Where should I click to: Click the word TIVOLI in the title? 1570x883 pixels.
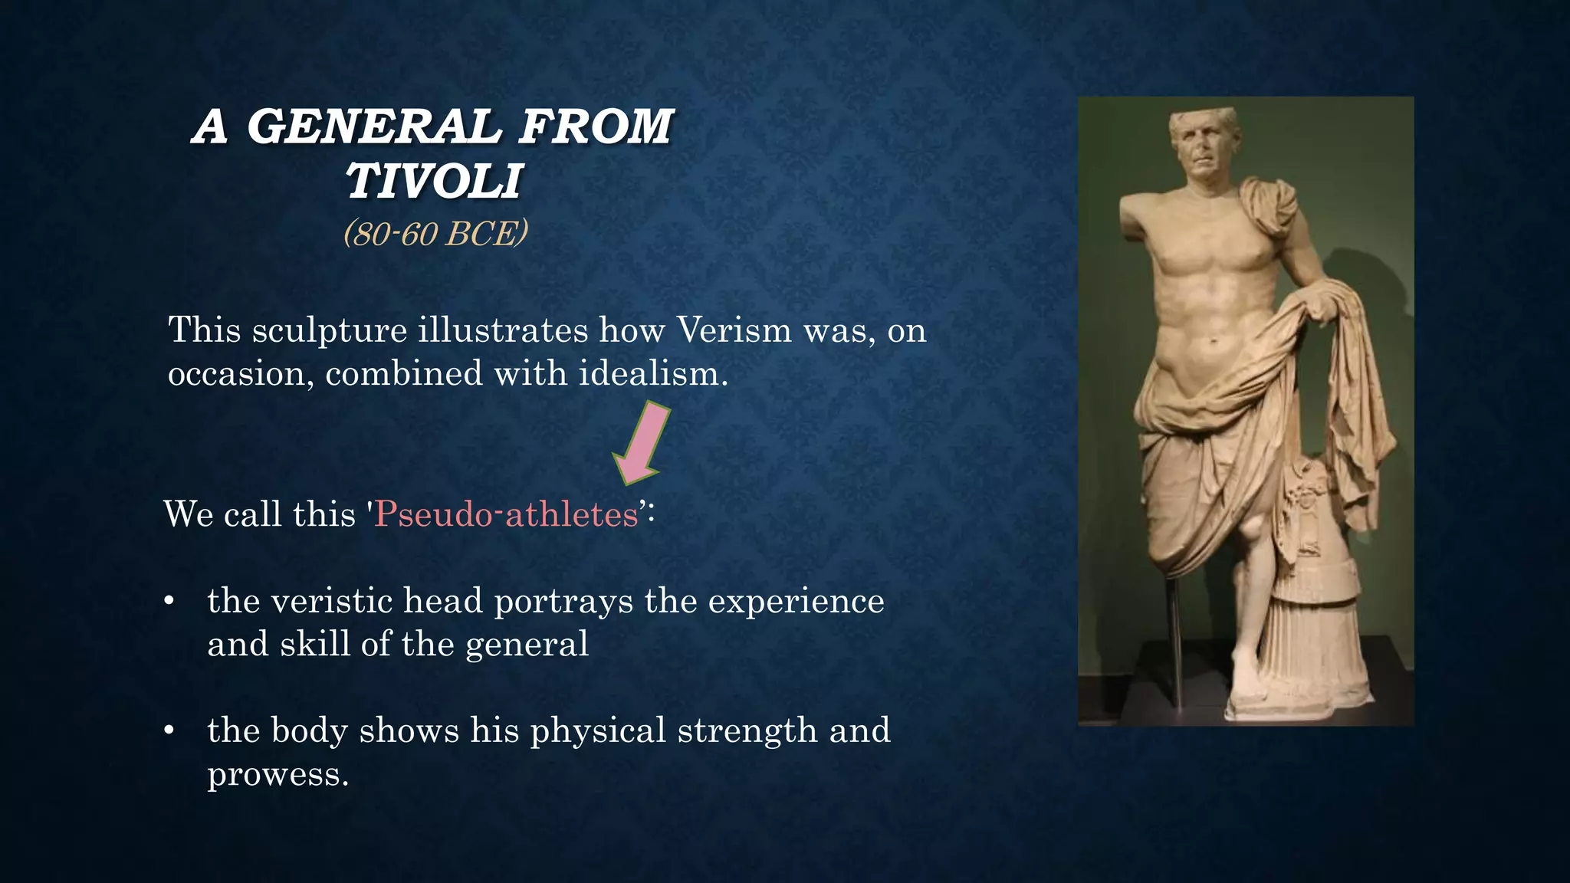(x=434, y=182)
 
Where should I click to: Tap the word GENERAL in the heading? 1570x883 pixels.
(x=373, y=126)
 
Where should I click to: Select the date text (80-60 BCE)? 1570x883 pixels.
(x=435, y=233)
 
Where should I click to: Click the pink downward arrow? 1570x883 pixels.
(x=642, y=443)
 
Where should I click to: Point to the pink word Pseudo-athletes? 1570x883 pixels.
(x=507, y=514)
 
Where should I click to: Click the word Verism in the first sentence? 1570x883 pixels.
(x=734, y=330)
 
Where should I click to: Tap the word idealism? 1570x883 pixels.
(x=652, y=374)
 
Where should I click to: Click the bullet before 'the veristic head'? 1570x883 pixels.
(x=169, y=601)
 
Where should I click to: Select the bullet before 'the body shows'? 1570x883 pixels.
(x=169, y=730)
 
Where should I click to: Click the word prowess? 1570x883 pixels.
(x=278, y=774)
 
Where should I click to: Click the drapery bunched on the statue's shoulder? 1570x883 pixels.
(x=1269, y=207)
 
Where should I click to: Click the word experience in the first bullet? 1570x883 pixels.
(x=796, y=601)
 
